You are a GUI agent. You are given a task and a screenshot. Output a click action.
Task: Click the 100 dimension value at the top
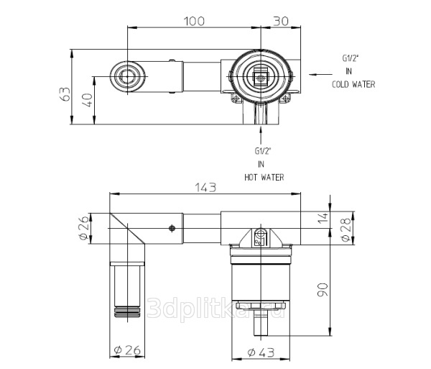[x=194, y=21]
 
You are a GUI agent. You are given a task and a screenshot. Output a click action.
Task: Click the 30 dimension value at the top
[x=281, y=21]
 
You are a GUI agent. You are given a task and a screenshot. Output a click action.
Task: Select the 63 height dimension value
[x=65, y=94]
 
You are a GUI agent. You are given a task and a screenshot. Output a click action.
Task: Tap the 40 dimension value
[x=87, y=101]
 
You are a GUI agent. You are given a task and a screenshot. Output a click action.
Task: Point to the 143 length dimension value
[x=205, y=188]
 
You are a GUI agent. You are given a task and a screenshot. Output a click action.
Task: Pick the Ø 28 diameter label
[x=346, y=229]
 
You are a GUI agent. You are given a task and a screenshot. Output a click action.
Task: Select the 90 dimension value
[x=323, y=289]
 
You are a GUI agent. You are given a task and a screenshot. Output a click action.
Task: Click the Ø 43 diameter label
[x=261, y=352]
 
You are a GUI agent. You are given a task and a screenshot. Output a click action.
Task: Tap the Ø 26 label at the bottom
[x=127, y=350]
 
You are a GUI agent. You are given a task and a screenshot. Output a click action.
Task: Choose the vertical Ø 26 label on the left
[x=84, y=227]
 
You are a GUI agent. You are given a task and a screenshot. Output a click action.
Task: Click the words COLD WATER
[x=353, y=84]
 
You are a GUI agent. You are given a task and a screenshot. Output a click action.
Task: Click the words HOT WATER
[x=264, y=177]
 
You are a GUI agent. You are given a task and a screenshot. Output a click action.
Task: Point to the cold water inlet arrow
[x=320, y=74]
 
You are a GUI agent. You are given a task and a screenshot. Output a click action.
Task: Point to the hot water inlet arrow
[x=261, y=135]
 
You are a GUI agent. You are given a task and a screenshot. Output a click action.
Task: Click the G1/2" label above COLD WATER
[x=351, y=58]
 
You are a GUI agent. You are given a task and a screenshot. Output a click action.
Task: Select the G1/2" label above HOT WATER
[x=263, y=151]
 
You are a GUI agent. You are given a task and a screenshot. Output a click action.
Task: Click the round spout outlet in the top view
[x=127, y=76]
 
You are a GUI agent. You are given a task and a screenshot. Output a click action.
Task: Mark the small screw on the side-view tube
[x=172, y=228]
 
